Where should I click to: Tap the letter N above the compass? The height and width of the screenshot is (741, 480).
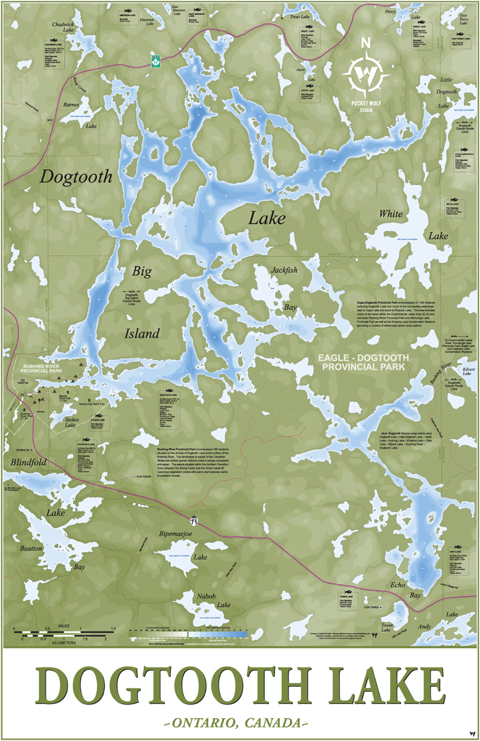coord(366,43)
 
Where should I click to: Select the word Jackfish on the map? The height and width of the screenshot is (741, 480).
coord(284,270)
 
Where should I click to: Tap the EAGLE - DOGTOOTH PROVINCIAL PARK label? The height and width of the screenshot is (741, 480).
coord(361,362)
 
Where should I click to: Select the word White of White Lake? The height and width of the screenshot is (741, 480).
coord(391,214)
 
